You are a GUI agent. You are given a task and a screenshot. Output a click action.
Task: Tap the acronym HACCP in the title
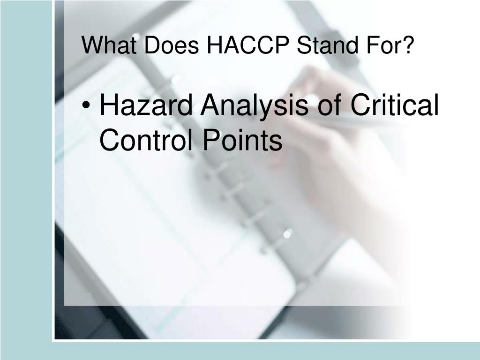248,45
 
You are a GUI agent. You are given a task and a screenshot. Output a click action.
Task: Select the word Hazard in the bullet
146,105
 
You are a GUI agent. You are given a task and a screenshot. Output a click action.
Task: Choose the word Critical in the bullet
395,105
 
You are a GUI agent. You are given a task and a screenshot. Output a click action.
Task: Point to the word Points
242,139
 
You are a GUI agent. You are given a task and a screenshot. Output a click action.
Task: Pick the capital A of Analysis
213,105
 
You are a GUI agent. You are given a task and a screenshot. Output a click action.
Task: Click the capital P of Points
211,139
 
